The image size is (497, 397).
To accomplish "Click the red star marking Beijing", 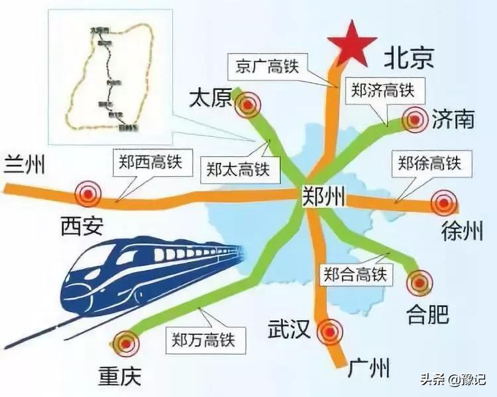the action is (353, 44).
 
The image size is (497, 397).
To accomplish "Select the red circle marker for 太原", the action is (248, 103).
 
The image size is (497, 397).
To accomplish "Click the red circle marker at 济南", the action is (415, 120).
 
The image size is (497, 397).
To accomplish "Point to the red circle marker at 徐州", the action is (443, 202).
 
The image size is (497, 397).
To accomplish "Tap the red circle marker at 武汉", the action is (329, 331).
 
